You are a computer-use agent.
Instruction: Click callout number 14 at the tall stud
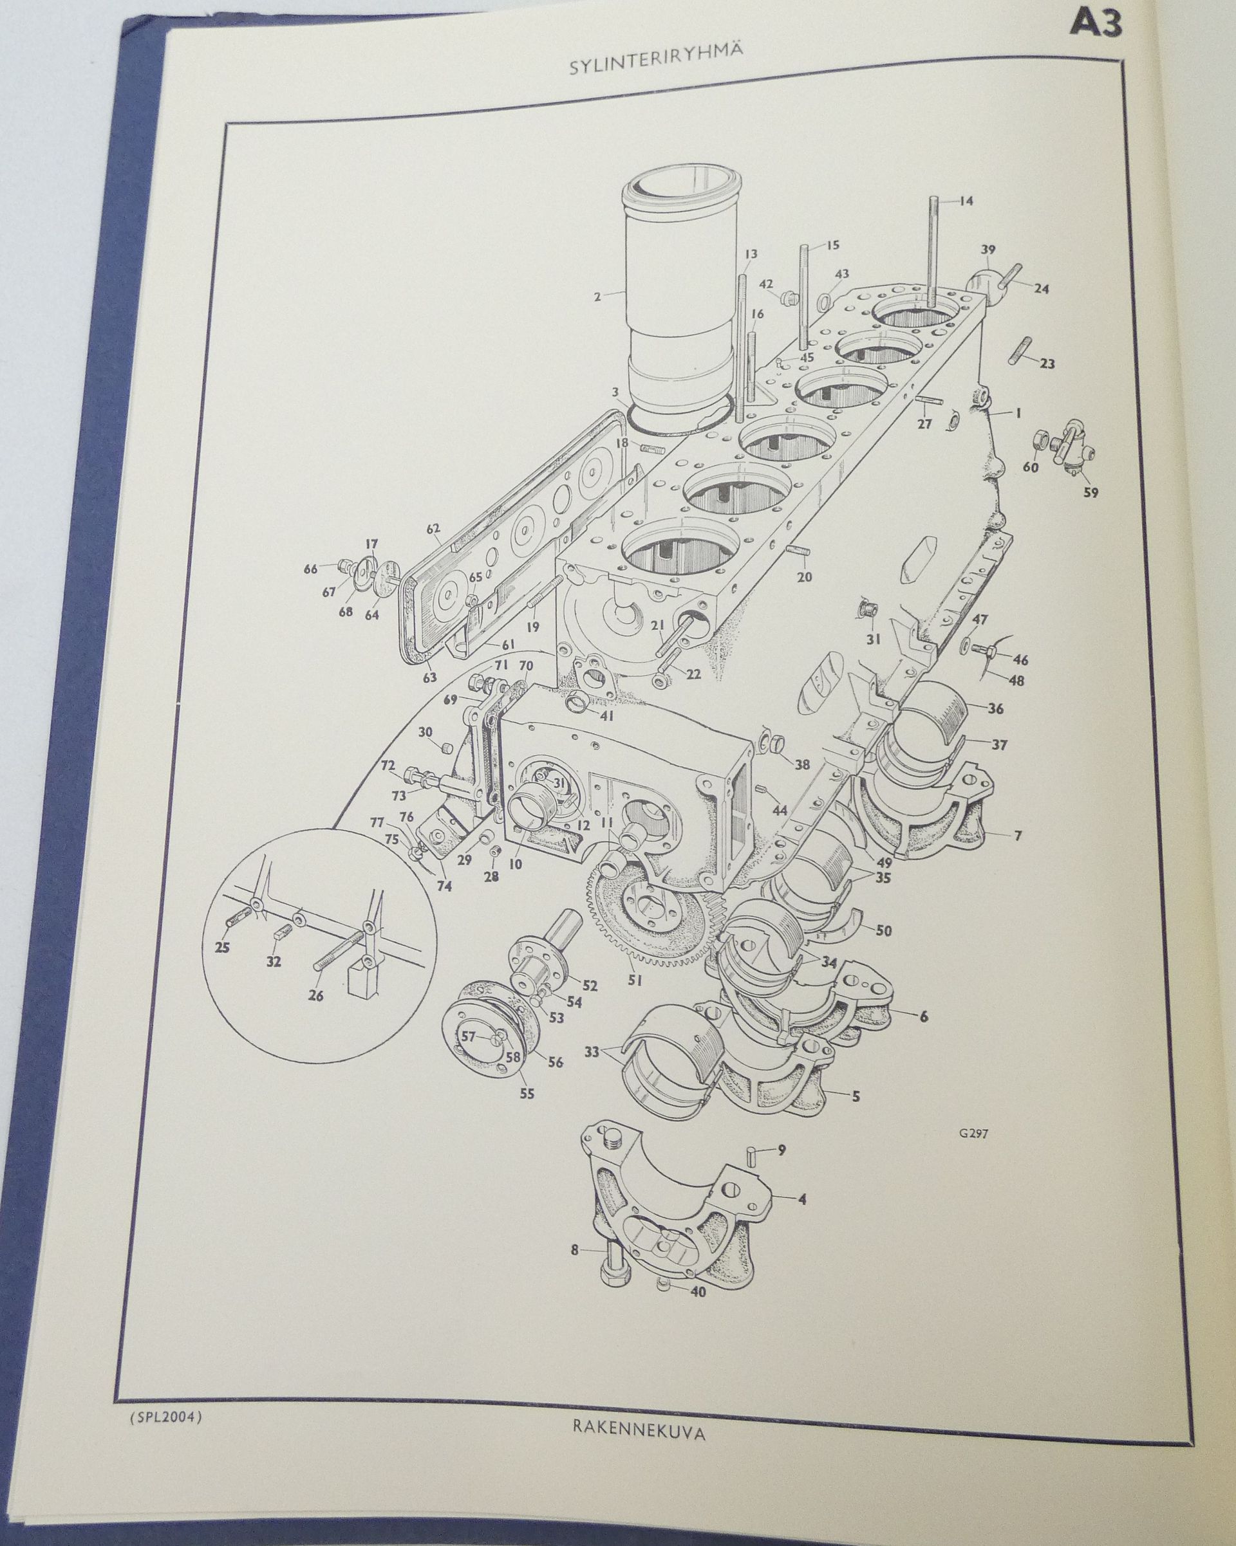966,201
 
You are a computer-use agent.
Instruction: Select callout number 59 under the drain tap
1091,493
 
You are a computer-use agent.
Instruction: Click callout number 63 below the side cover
429,656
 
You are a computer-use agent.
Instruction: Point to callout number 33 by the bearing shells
591,1053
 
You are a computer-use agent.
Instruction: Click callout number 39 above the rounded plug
989,249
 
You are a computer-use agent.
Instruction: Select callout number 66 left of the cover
310,569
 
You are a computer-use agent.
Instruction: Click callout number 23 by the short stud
1047,363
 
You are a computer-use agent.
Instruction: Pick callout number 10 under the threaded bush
515,864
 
